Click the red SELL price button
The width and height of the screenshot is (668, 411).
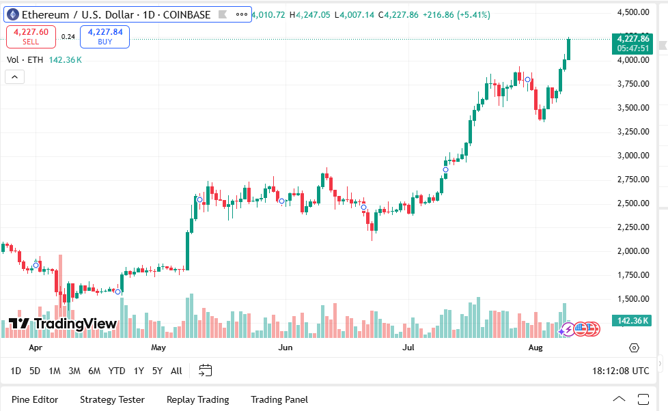(x=31, y=36)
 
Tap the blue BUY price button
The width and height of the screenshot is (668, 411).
(x=105, y=36)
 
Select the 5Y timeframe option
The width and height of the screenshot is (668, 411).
(x=157, y=371)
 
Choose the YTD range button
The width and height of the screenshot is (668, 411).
(x=117, y=371)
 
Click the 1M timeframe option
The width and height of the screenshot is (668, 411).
(x=55, y=371)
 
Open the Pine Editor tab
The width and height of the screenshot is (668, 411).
(x=35, y=399)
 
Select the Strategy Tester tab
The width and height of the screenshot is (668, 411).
(x=112, y=399)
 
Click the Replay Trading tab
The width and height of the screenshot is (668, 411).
(x=197, y=399)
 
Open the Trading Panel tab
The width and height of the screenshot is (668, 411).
(x=279, y=399)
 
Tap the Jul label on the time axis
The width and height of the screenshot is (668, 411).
(x=408, y=348)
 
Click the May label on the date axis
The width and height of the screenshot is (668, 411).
(x=158, y=348)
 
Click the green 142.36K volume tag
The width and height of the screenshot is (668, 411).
(x=632, y=321)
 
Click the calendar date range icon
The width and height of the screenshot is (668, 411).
(x=206, y=371)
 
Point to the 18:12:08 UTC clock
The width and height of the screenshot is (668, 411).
(x=621, y=371)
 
